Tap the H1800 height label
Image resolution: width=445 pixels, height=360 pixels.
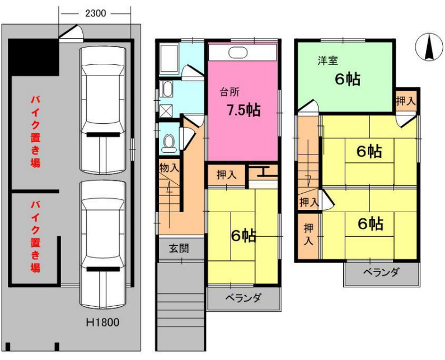(x=102, y=322)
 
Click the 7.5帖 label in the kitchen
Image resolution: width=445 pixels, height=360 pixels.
(x=243, y=110)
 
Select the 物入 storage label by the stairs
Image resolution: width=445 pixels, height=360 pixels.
(x=169, y=167)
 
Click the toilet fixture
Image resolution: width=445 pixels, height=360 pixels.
(x=168, y=143)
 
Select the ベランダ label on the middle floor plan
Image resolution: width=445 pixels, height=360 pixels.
(x=243, y=298)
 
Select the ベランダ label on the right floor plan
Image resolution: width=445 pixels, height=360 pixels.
(x=381, y=273)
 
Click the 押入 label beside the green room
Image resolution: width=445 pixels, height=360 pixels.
(x=405, y=101)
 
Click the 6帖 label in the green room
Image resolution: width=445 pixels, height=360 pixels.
(x=347, y=80)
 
